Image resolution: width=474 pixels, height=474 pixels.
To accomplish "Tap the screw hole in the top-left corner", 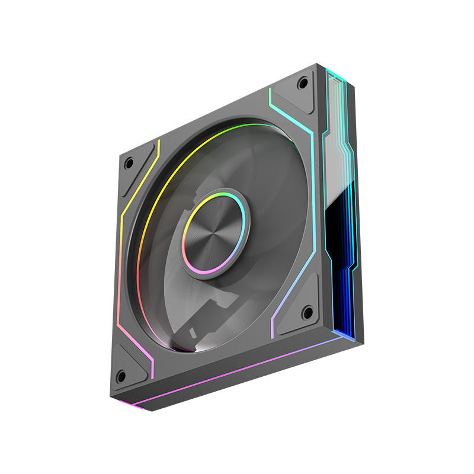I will (129, 161).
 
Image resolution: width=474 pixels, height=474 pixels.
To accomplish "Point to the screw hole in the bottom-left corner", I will (121, 376).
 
